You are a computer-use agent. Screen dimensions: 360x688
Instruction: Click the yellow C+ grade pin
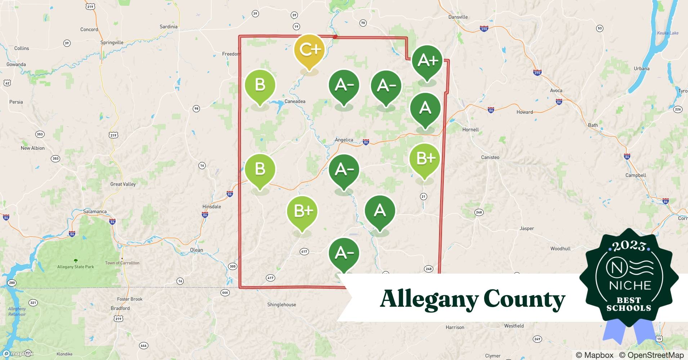pos(309,50)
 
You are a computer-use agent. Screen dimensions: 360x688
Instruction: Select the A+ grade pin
pos(427,61)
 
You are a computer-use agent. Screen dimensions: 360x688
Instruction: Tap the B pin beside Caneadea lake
pos(260,86)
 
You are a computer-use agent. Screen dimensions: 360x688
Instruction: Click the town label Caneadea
pos(295,102)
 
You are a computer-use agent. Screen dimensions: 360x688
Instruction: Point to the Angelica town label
pos(344,140)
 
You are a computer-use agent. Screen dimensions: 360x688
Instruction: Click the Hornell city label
pos(470,130)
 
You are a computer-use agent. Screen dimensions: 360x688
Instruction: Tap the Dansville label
pos(458,17)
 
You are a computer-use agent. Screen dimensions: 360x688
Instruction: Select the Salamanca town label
pos(95,211)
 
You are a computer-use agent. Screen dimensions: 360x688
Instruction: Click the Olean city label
pos(196,250)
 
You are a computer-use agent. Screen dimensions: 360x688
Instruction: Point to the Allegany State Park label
pos(76,267)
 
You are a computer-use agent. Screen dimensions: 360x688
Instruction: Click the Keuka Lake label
pos(667,33)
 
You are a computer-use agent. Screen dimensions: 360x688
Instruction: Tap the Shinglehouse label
pos(281,305)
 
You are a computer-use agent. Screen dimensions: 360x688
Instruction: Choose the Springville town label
pos(112,42)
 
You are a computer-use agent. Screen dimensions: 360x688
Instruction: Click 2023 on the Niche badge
pos(629,246)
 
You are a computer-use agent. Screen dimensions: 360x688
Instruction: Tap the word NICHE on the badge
pos(630,285)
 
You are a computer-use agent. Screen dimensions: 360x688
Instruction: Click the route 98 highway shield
pos(196,109)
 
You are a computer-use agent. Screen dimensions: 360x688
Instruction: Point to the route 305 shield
pos(233,266)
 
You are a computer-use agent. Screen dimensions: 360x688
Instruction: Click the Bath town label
pos(593,125)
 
